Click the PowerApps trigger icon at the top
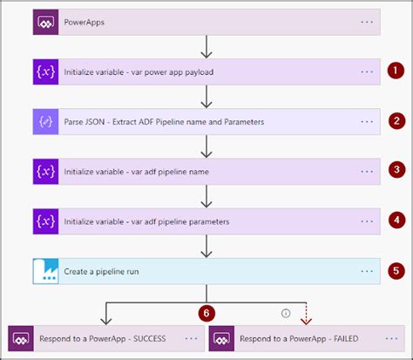pyautogui.click(x=45, y=21)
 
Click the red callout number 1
pyautogui.click(x=396, y=71)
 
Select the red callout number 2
pyautogui.click(x=396, y=121)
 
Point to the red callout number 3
pyautogui.click(x=396, y=171)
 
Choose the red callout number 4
pyautogui.click(x=396, y=221)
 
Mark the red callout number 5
pyautogui.click(x=396, y=270)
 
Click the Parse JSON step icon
pyautogui.click(x=45, y=121)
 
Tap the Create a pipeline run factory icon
pyautogui.click(x=45, y=271)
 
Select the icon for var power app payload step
pyautogui.click(x=45, y=71)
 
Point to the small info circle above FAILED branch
pyautogui.click(x=285, y=312)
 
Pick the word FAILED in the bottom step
pyautogui.click(x=342, y=338)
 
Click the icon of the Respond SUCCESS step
pyautogui.click(x=21, y=338)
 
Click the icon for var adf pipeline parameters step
pyautogui.click(x=45, y=221)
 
